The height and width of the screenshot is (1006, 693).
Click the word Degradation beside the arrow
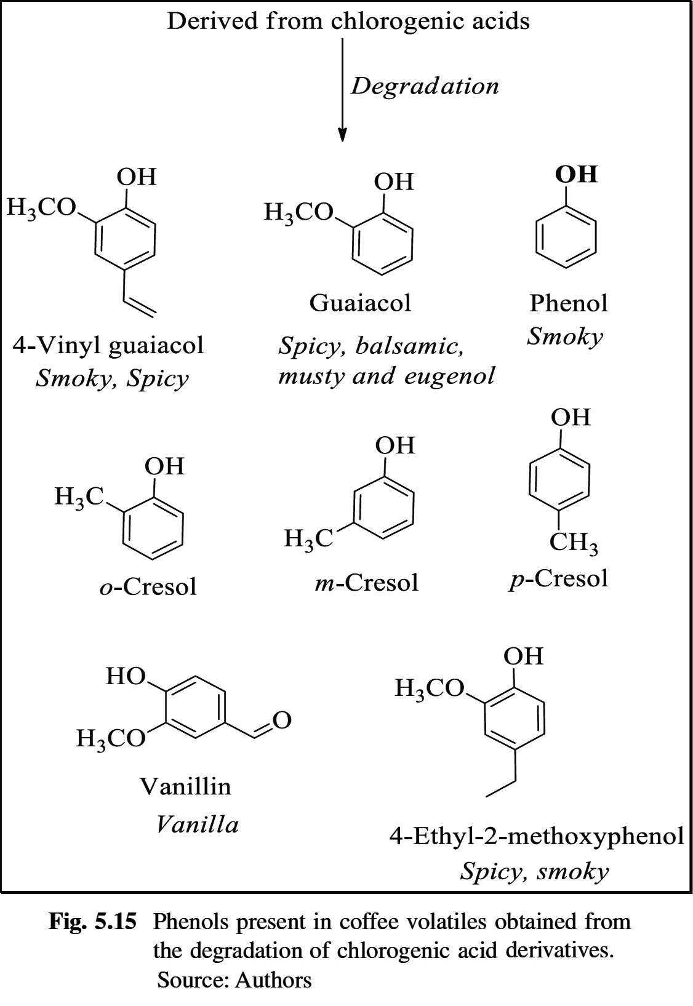(425, 86)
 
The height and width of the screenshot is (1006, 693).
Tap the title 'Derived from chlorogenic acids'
(348, 22)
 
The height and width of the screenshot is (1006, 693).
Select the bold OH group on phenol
(576, 174)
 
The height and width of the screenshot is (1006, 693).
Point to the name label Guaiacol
(360, 303)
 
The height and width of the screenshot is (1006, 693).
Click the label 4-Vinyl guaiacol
(108, 345)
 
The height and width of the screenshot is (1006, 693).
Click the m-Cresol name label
(366, 582)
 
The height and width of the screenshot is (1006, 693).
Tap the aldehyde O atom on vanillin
(281, 720)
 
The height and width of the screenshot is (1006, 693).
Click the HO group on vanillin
(125, 677)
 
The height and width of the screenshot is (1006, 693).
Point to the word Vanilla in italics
(197, 824)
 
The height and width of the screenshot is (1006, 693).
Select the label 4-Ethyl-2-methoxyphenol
(536, 837)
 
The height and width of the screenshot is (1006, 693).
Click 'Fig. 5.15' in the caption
(92, 922)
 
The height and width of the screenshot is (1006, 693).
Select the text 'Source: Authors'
(234, 980)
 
